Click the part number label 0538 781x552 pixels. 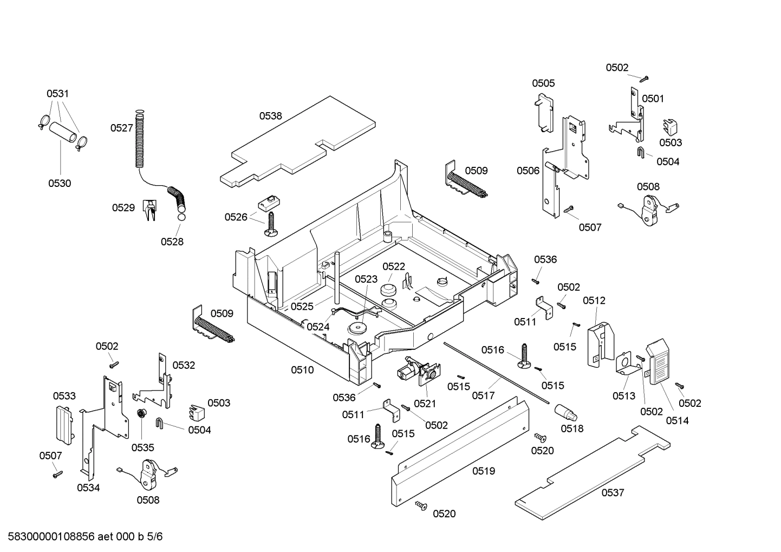pyautogui.click(x=270, y=115)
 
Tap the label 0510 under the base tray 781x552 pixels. pyautogui.click(x=302, y=370)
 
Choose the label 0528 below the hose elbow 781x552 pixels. pyautogui.click(x=172, y=242)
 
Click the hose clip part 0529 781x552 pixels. pyautogui.click(x=149, y=209)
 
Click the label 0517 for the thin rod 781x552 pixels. pyautogui.click(x=483, y=395)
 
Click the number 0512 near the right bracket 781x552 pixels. pyautogui.click(x=594, y=300)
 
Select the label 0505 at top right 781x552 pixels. pyautogui.click(x=543, y=83)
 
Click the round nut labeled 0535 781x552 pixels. pyautogui.click(x=141, y=414)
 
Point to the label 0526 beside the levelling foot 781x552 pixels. pyautogui.click(x=236, y=217)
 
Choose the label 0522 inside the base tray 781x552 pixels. pyautogui.click(x=394, y=266)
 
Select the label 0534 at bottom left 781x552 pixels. pyautogui.click(x=88, y=488)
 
